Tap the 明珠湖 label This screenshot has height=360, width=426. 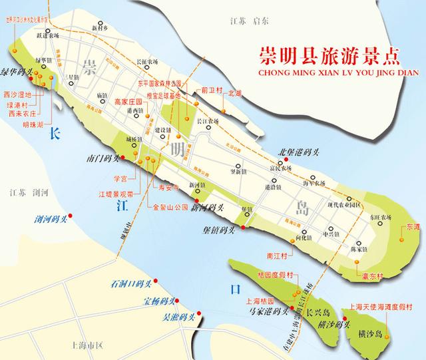click(x=33, y=124)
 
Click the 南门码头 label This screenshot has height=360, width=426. click(x=103, y=159)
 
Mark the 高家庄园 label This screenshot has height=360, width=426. click(x=128, y=102)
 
